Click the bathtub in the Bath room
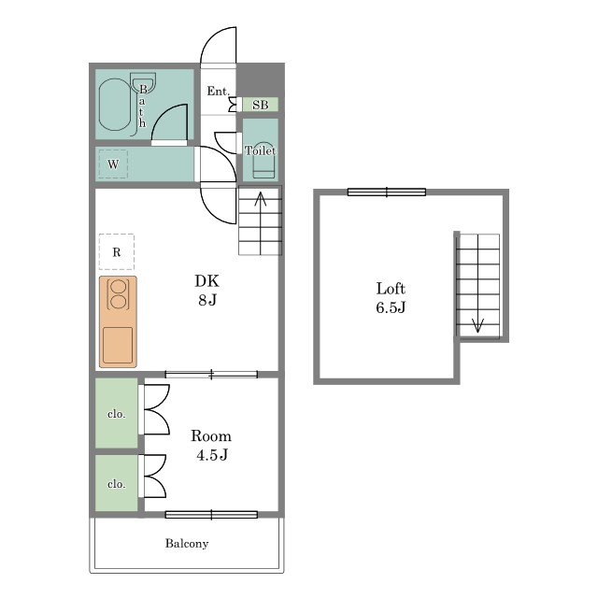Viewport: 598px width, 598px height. [x=114, y=105]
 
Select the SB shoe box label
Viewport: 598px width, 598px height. [x=261, y=105]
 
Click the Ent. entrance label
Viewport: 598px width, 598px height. [x=218, y=92]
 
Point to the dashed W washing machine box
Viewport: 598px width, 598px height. [x=113, y=164]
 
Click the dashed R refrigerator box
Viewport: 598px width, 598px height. [x=117, y=251]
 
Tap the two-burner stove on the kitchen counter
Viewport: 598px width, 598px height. [x=119, y=294]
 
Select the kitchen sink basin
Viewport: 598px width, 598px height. [x=118, y=345]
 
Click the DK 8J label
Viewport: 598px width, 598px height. [x=207, y=291]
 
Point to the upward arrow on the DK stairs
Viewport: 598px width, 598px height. [x=261, y=223]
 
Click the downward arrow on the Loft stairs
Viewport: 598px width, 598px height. [x=477, y=283]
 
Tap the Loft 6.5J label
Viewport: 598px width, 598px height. [x=391, y=298]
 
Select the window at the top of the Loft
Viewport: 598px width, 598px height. [x=387, y=192]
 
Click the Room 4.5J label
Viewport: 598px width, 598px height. [x=211, y=445]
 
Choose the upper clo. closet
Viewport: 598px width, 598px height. [x=116, y=413]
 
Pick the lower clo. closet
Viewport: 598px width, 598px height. [x=116, y=483]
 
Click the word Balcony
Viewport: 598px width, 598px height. [x=187, y=544]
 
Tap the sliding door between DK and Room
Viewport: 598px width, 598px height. [x=211, y=375]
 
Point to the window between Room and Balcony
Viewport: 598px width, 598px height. [x=211, y=515]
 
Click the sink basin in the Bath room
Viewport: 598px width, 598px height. [x=143, y=82]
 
